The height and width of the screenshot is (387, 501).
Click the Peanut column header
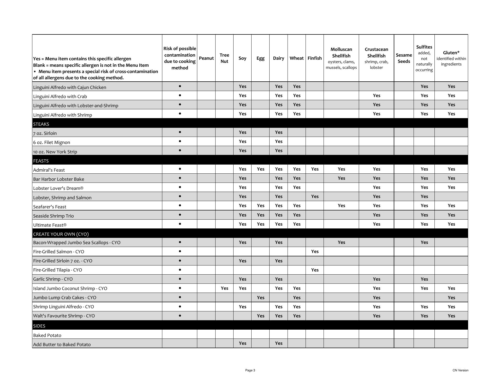(206, 58)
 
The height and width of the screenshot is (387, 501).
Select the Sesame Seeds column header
(404, 58)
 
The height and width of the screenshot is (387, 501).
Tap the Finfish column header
(314, 58)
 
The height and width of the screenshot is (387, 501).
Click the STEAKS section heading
(41, 124)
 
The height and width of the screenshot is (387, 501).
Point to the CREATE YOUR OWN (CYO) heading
(61, 234)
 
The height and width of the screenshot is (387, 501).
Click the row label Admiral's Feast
(49, 170)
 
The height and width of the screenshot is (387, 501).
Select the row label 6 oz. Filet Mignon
(52, 142)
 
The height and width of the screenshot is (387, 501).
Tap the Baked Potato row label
(47, 335)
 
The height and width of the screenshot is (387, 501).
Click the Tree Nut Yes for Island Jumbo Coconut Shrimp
(224, 288)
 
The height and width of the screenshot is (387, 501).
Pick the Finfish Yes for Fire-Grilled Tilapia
(315, 270)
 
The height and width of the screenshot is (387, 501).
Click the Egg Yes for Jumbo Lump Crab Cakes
(260, 298)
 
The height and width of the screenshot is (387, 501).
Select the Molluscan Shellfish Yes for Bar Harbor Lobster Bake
(341, 178)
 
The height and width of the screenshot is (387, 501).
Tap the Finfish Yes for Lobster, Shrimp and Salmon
(315, 196)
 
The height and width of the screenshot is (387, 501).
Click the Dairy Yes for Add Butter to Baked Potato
(278, 343)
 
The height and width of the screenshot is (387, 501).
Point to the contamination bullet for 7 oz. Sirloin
(180, 132)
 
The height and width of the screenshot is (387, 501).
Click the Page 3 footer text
(250, 370)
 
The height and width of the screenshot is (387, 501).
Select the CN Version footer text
(460, 370)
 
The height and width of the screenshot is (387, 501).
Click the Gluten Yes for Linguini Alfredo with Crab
(451, 95)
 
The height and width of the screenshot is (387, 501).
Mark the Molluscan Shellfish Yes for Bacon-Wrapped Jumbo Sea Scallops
(341, 242)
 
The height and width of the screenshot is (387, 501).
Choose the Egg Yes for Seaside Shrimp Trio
(260, 215)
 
